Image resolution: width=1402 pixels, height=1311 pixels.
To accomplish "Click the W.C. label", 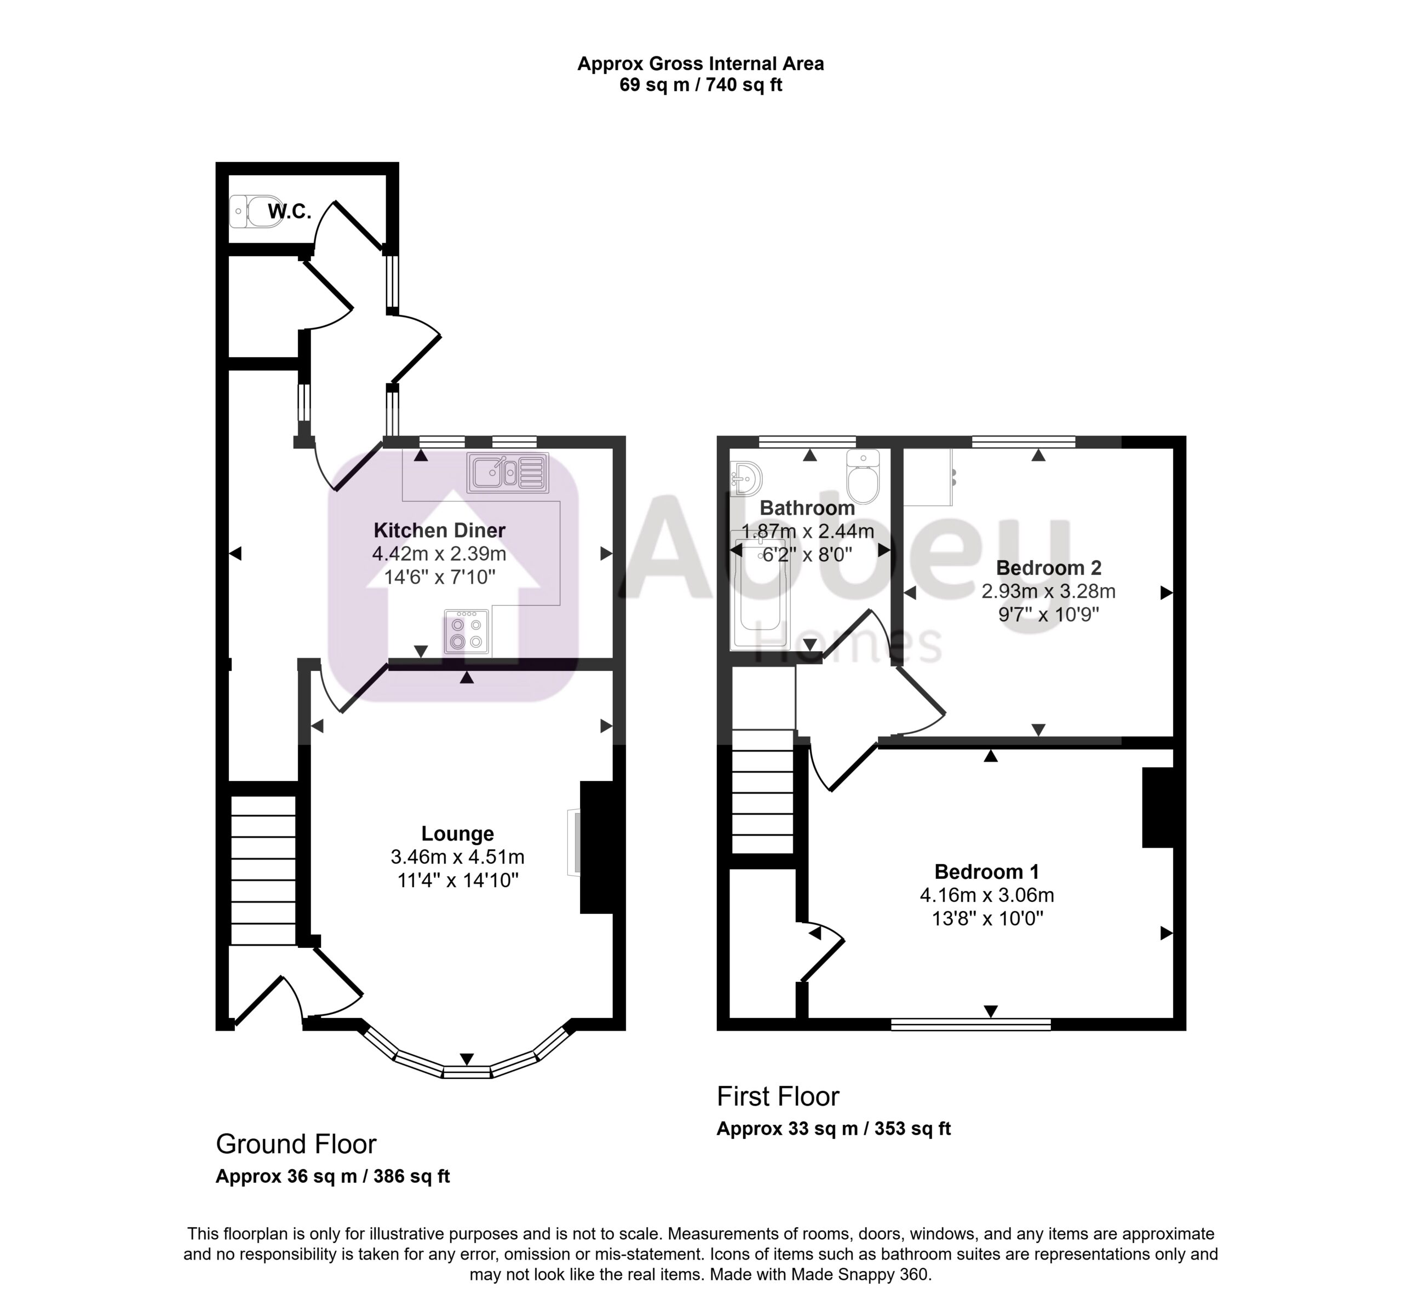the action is click(289, 211).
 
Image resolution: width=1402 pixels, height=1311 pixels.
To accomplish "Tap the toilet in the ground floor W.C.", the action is click(255, 211).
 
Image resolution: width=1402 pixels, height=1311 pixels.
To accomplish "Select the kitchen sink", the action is click(508, 473).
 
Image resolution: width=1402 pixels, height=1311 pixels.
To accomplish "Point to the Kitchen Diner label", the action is click(439, 530).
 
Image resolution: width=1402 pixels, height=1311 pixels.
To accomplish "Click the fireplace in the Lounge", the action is click(596, 847).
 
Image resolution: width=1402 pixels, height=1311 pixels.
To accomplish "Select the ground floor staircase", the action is click(263, 870).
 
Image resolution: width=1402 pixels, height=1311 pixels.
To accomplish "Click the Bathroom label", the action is click(807, 508).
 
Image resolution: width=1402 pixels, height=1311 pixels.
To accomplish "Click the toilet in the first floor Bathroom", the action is click(863, 475).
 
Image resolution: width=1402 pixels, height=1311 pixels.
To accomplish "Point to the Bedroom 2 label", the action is click(1049, 568).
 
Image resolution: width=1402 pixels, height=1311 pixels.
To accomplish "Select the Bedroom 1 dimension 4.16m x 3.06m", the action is click(987, 895).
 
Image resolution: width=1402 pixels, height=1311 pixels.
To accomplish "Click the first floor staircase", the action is click(763, 792).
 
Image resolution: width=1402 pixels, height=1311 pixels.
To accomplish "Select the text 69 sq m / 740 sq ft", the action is click(701, 85).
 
